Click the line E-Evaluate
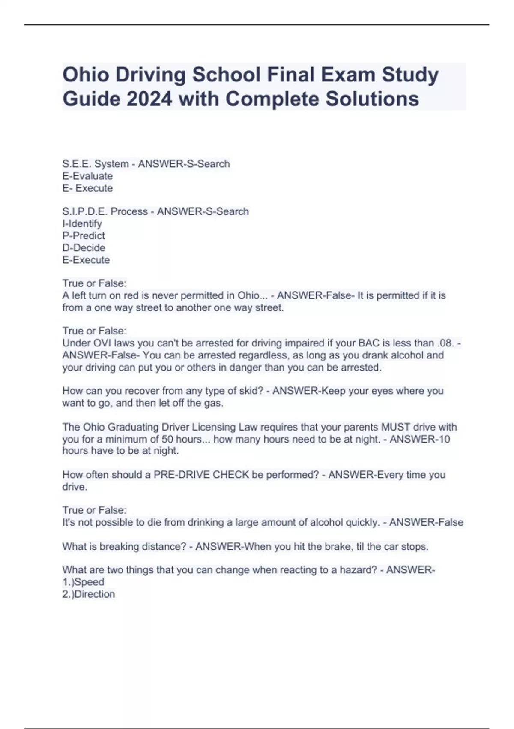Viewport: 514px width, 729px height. (x=87, y=176)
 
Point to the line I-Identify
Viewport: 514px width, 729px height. (x=82, y=223)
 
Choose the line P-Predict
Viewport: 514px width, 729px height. (x=84, y=235)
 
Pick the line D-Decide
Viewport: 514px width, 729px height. (x=84, y=247)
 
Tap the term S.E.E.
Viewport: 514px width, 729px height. (x=77, y=164)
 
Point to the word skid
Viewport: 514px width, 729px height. (x=249, y=391)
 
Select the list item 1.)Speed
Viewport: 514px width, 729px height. (x=83, y=582)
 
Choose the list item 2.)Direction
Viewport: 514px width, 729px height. (x=88, y=594)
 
